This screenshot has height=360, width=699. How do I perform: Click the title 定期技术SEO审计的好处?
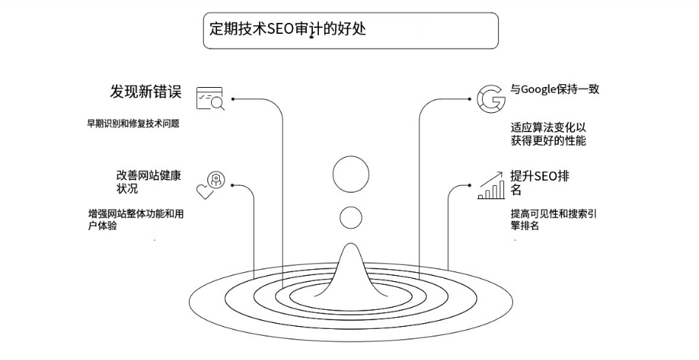click(x=288, y=30)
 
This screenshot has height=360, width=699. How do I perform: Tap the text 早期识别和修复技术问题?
click(x=133, y=124)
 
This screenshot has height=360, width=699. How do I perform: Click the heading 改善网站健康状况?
click(x=148, y=181)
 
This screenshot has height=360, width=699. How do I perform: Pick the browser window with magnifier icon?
click(x=210, y=98)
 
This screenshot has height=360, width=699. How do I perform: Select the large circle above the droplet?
click(x=351, y=175)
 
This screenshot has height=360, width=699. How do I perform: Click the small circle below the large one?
click(x=351, y=218)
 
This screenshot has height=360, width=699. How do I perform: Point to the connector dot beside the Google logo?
click(x=469, y=98)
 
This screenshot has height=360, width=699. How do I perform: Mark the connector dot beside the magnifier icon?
click(x=233, y=98)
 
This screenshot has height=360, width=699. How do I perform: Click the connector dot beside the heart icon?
click(x=233, y=185)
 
